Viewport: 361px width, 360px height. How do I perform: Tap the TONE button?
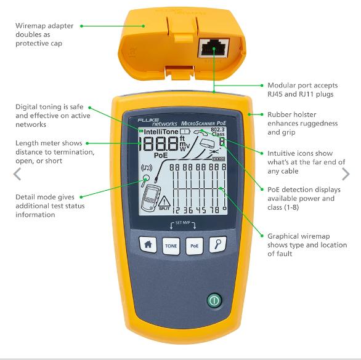[171, 246]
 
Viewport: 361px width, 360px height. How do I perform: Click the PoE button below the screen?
[194, 246]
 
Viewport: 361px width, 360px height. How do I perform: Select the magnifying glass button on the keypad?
[218, 244]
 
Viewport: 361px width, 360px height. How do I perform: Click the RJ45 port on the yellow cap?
[213, 48]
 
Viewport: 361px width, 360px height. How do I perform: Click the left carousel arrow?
[17, 174]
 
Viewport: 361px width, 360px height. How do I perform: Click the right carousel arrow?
[346, 174]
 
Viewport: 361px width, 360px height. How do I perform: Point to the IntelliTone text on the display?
[161, 132]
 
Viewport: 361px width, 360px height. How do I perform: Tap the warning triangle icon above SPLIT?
[164, 201]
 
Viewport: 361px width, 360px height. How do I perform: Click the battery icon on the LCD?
[185, 131]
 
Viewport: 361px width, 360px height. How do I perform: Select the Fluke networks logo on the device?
[157, 122]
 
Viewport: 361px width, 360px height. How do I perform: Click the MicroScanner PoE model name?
[203, 123]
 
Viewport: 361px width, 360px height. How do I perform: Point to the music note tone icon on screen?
[147, 168]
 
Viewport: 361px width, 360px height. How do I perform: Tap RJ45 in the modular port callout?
[275, 94]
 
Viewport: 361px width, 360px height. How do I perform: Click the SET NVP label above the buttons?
[183, 222]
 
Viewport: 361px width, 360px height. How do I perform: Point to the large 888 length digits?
[159, 143]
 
